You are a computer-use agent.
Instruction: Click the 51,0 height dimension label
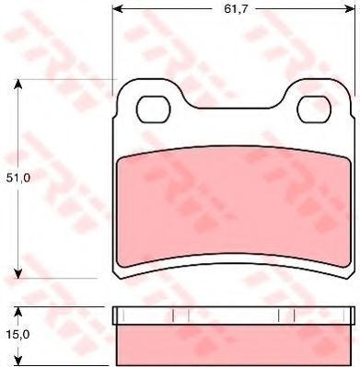click(x=18, y=178)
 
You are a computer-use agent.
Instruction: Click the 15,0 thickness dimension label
click(x=17, y=335)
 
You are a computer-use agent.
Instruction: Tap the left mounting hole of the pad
click(x=154, y=109)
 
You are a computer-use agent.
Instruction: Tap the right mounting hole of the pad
click(x=314, y=109)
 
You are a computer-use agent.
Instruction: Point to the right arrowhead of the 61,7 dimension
click(x=349, y=9)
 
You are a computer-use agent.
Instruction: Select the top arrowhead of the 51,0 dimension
click(x=18, y=85)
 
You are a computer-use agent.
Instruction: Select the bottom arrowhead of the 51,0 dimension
click(x=18, y=273)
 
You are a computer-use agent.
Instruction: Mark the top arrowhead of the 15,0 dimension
click(x=18, y=312)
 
